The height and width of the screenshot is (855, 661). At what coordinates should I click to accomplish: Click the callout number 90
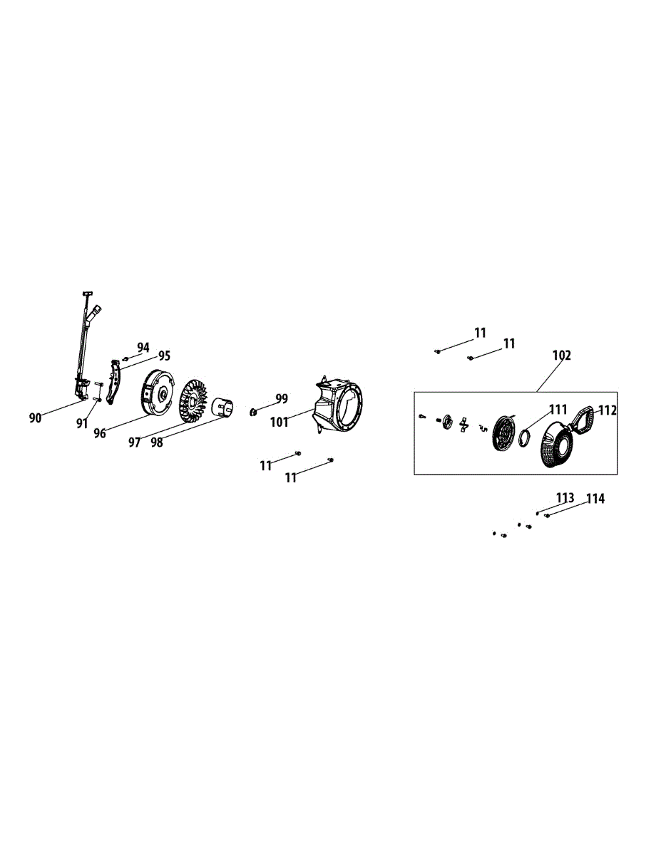(x=36, y=418)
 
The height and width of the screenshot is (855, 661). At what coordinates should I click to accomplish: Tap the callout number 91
(x=82, y=423)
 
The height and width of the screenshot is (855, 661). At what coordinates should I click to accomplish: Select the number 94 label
(x=143, y=348)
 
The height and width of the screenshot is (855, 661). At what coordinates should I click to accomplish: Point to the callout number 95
(x=164, y=356)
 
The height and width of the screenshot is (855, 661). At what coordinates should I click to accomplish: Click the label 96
(x=100, y=432)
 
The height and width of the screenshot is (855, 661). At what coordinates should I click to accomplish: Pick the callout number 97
(x=134, y=442)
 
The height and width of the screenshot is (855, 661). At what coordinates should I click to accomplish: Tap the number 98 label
(x=157, y=442)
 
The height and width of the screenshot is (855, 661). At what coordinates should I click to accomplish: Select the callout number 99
(x=282, y=398)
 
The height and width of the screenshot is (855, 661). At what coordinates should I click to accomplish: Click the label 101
(x=279, y=422)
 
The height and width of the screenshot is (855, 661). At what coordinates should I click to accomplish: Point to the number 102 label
(x=562, y=355)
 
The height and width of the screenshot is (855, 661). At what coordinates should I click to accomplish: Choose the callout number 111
(x=558, y=409)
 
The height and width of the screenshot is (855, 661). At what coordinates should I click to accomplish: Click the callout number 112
(x=607, y=410)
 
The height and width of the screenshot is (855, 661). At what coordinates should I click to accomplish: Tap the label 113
(x=565, y=497)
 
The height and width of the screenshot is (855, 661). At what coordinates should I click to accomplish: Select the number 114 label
(x=595, y=499)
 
